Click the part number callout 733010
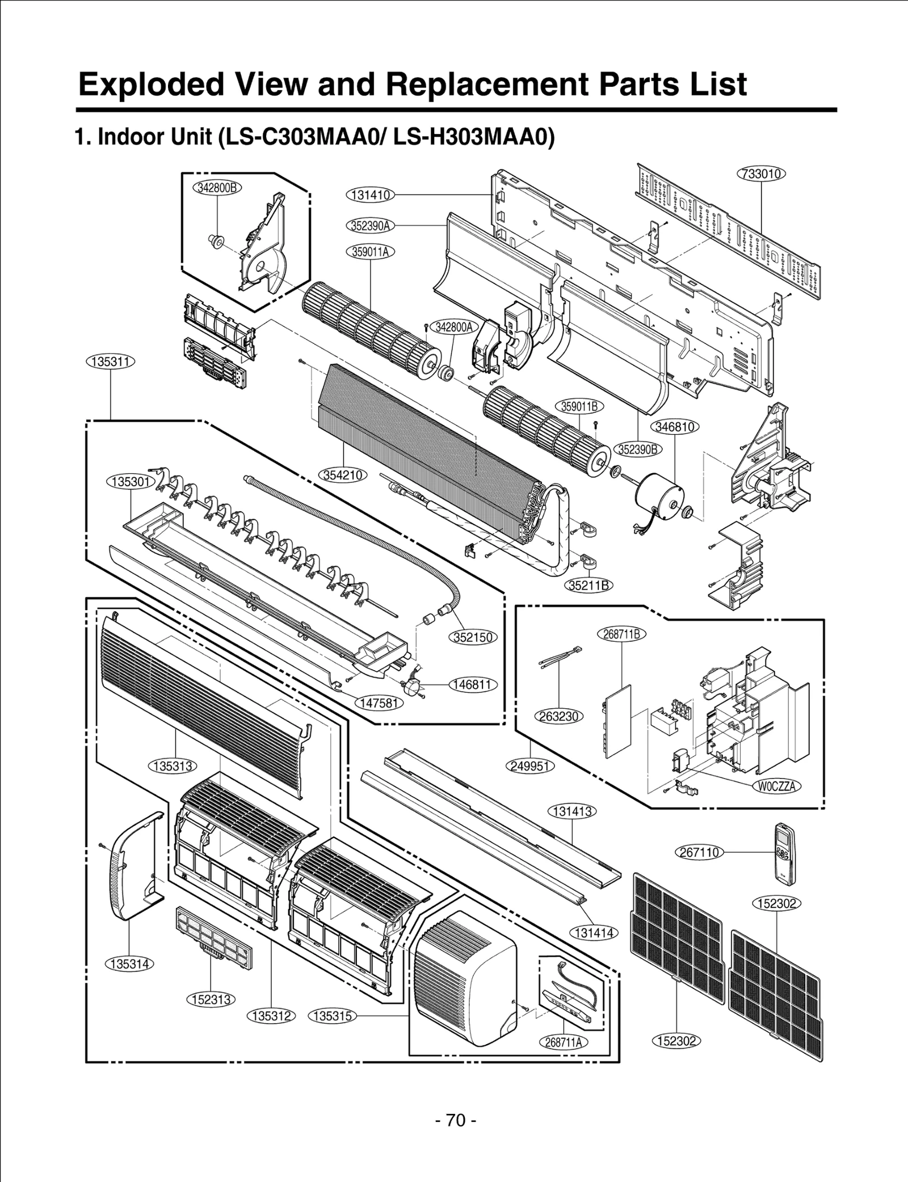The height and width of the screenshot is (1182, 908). (x=762, y=174)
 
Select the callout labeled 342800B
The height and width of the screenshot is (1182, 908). (x=217, y=188)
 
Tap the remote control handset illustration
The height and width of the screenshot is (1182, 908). (x=785, y=852)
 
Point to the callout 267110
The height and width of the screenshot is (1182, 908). (x=700, y=852)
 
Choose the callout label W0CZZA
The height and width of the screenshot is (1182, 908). (x=777, y=786)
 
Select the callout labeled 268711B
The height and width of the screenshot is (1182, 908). (x=621, y=634)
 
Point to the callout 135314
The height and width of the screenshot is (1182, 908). (x=130, y=964)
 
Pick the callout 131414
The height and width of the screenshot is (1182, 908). (x=593, y=932)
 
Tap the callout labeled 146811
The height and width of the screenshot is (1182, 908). (x=473, y=684)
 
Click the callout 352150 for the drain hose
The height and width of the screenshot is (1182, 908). (x=474, y=637)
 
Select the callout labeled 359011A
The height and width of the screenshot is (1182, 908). (x=370, y=251)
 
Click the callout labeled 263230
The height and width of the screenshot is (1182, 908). (x=559, y=717)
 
